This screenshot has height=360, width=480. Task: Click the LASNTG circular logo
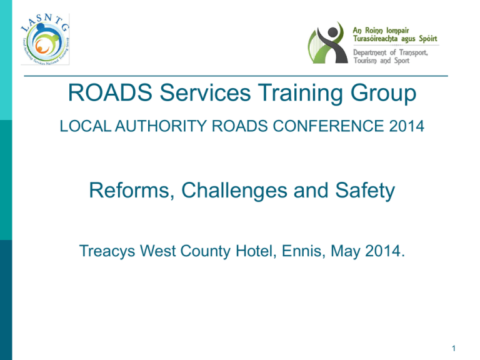click(x=45, y=39)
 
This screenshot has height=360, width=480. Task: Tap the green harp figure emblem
click(x=327, y=42)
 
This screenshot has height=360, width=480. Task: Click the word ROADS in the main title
click(x=110, y=92)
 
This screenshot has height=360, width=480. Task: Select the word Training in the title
click(x=300, y=93)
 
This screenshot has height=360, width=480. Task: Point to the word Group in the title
click(x=383, y=93)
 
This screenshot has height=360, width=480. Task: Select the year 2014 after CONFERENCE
click(x=406, y=126)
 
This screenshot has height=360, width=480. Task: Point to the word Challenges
click(x=234, y=191)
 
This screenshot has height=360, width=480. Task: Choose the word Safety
click(x=365, y=191)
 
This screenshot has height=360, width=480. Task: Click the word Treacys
click(x=107, y=251)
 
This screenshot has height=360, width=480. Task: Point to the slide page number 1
click(x=454, y=348)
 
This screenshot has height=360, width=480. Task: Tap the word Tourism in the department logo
click(x=365, y=61)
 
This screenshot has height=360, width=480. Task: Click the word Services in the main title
click(x=205, y=92)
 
